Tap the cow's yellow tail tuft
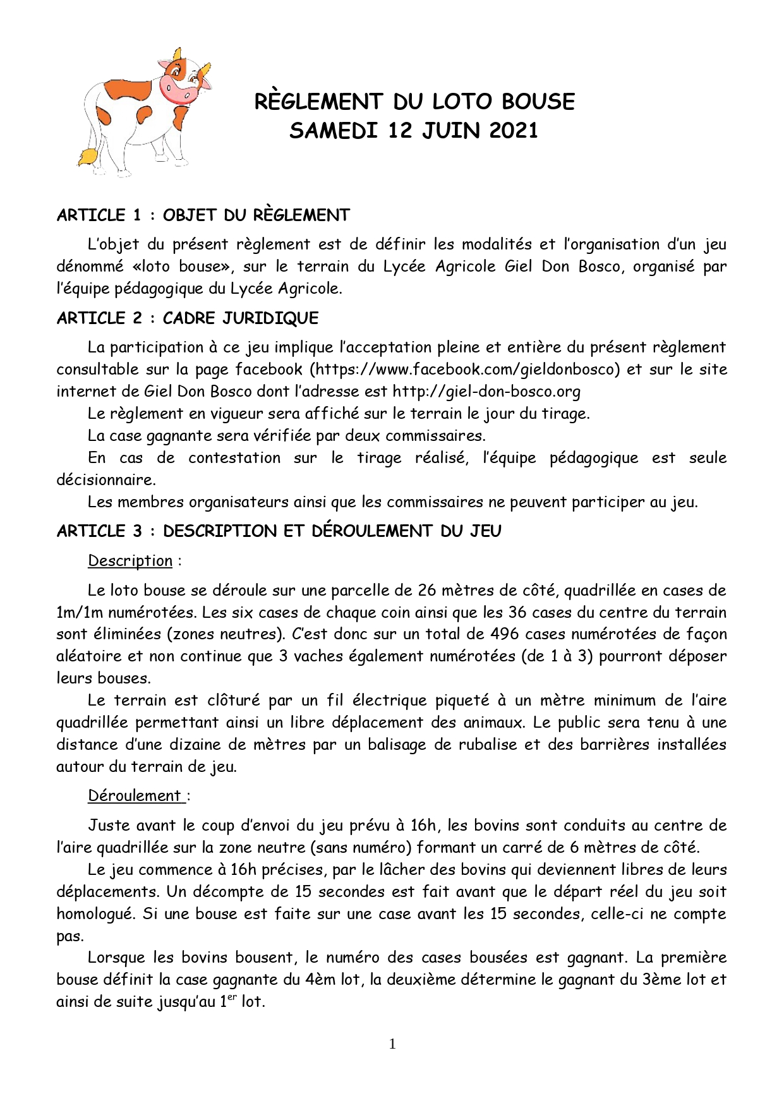(x=87, y=156)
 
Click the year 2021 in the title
(x=513, y=131)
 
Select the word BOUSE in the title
(x=538, y=102)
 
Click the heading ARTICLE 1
(x=99, y=215)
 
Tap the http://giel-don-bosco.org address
(x=486, y=392)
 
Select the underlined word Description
(x=130, y=561)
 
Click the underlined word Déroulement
(x=135, y=796)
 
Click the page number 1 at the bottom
(x=392, y=1044)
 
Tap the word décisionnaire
(x=105, y=480)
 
